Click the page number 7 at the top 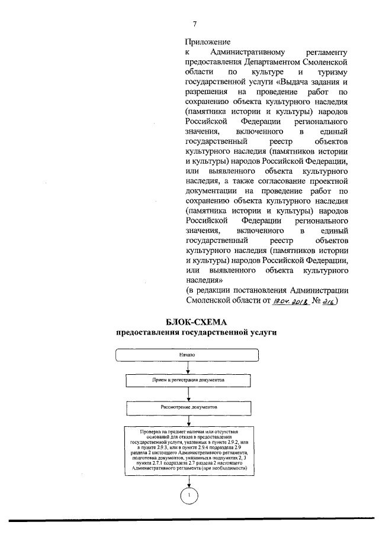[194, 23]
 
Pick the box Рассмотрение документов [188, 408]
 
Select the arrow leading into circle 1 [188, 479]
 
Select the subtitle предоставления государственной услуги [188, 333]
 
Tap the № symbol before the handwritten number [314, 301]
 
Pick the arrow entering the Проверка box [188, 421]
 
